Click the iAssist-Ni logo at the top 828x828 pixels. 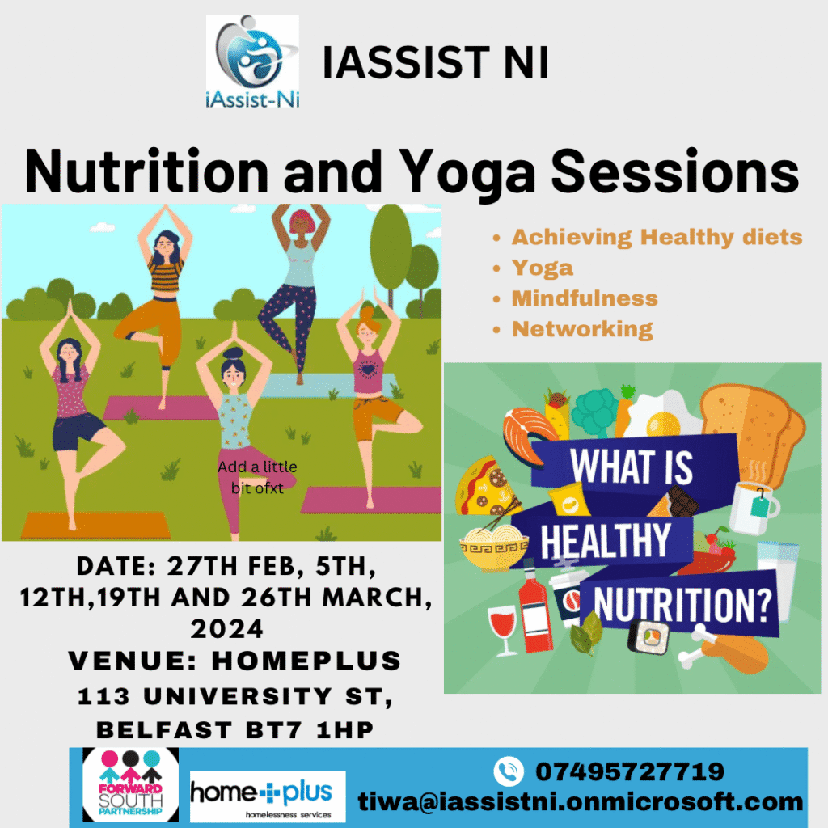tap(252, 61)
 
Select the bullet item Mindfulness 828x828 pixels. tap(585, 298)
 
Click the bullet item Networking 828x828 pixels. tap(582, 330)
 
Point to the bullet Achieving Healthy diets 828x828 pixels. tap(657, 238)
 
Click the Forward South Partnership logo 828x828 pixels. tap(130, 784)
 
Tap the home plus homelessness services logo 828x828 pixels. tap(268, 796)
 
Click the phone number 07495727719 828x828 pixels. tap(629, 771)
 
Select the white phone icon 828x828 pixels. tap(509, 771)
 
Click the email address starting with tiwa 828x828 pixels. tap(581, 801)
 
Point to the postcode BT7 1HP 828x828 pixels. tap(310, 730)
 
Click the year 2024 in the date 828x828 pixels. tap(226, 629)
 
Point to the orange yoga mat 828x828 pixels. tap(96, 526)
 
